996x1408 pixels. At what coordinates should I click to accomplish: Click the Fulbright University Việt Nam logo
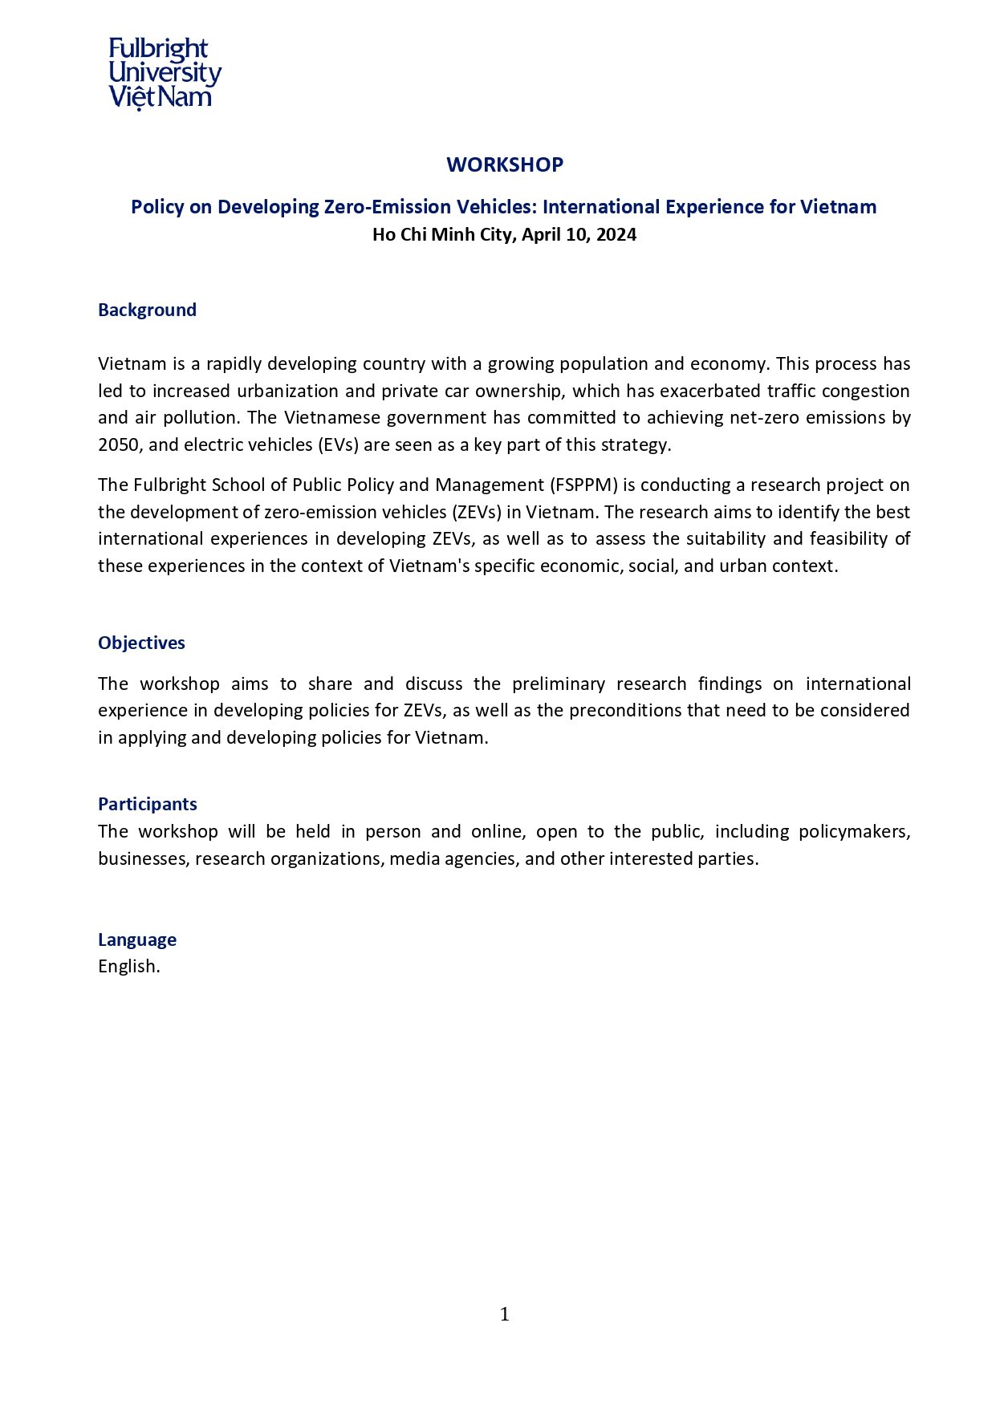click(x=165, y=73)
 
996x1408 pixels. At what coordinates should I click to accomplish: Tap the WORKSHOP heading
click(x=505, y=164)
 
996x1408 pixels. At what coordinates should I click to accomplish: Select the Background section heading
click(x=147, y=310)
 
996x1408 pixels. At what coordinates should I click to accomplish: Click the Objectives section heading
click(x=141, y=643)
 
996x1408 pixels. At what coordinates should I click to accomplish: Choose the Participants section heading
click(x=147, y=805)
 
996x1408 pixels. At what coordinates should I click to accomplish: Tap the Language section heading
click(x=137, y=940)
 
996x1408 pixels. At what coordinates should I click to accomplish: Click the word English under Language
click(x=127, y=967)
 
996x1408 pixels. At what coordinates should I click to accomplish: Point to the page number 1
click(x=504, y=1314)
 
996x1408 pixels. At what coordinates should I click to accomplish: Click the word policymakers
click(x=853, y=832)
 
